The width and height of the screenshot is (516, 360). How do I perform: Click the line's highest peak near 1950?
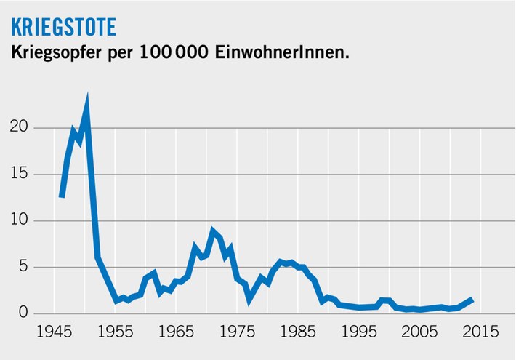86,102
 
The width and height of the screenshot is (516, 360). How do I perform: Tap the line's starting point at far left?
62,196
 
